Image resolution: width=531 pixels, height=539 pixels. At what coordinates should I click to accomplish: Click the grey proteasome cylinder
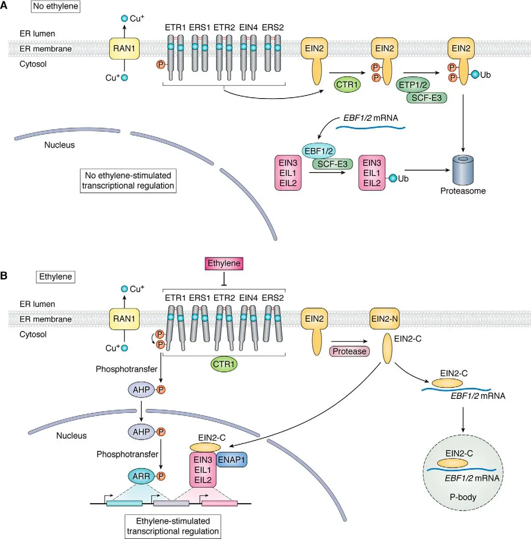coord(463,171)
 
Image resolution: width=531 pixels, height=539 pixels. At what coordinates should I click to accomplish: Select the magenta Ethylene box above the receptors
coord(224,264)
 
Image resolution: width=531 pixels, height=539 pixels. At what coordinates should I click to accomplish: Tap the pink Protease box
coord(349,351)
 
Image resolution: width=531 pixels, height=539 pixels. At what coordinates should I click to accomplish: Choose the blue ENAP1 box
coord(231,460)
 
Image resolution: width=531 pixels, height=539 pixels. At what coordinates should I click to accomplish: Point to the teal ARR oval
coord(141,476)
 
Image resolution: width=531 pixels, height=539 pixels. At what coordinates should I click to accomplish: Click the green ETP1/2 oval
coord(412,85)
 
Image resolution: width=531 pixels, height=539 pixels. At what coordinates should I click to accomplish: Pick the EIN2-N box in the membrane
coord(385,319)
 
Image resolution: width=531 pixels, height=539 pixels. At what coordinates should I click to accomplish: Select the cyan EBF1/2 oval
coord(319,151)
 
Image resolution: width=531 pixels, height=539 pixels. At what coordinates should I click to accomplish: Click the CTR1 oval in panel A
coord(347,85)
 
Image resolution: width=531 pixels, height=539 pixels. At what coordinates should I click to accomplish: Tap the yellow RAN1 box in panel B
coord(124,319)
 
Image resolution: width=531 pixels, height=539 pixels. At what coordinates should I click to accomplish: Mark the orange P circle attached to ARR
coord(161,476)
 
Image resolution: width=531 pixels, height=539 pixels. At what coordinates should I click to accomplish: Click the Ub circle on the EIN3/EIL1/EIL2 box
coord(393,179)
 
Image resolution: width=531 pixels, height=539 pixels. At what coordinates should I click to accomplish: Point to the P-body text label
coord(463,497)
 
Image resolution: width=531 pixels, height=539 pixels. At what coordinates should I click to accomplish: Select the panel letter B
coord(4,276)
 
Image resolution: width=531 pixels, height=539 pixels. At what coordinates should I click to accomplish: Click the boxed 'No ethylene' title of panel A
coord(56,7)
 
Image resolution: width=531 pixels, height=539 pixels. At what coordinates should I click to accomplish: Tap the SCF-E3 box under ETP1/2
coord(426,98)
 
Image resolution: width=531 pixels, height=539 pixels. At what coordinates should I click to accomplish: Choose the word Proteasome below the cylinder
coord(463,191)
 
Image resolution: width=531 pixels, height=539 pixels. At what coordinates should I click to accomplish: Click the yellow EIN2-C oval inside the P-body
coord(452,463)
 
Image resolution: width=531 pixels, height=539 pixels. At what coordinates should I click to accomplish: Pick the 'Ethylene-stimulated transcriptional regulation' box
coord(173,526)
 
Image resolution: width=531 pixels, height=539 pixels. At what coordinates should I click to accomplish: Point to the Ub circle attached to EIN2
coord(475,75)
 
